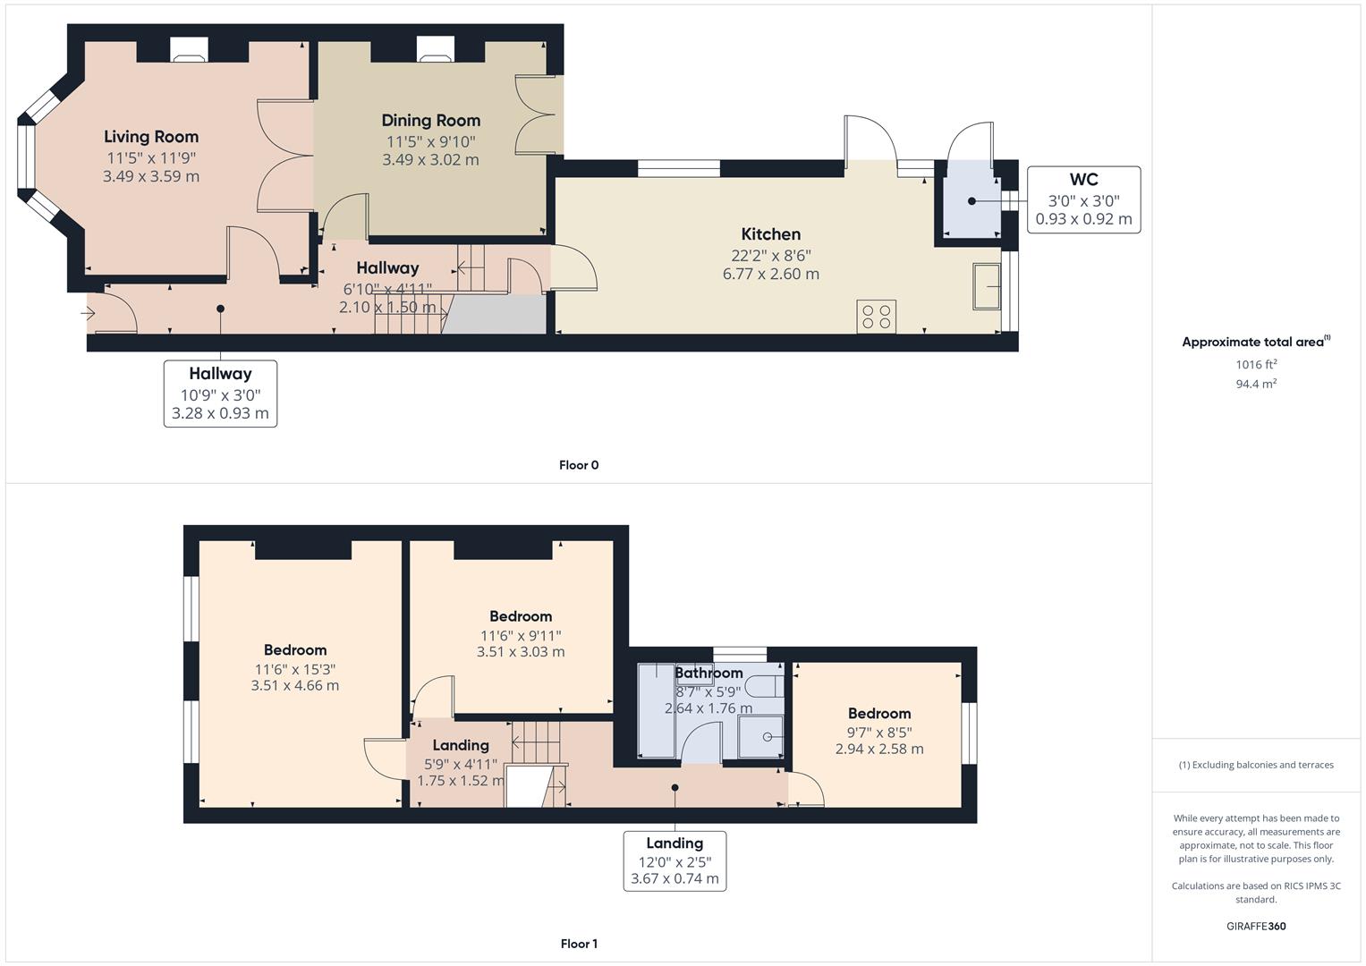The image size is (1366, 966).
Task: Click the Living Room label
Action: point(151,137)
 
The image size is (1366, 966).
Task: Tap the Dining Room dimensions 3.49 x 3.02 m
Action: point(430,160)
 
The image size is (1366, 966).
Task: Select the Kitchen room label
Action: point(770,234)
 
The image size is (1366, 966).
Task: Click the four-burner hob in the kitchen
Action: point(876,317)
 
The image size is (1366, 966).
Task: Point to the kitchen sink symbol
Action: point(988,286)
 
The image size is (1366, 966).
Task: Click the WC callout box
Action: point(1083,199)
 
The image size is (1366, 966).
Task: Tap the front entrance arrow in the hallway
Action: point(88,313)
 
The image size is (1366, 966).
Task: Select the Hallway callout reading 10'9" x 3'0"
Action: point(220,394)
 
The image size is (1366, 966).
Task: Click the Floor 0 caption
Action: point(579,465)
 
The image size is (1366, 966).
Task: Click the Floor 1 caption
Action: point(579,944)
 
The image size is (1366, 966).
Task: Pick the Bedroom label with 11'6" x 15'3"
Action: point(295,650)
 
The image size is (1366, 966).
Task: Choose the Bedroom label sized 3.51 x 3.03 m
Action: point(521,652)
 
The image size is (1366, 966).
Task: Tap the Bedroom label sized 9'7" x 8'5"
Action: point(879,714)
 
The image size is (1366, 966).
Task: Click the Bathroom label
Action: point(708,673)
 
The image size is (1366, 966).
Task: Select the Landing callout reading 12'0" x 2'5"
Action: point(675,860)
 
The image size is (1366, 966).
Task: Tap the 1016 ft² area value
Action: point(1256,364)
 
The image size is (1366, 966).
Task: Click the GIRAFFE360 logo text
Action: point(1256,926)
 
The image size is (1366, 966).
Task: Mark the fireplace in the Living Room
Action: point(189,53)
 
